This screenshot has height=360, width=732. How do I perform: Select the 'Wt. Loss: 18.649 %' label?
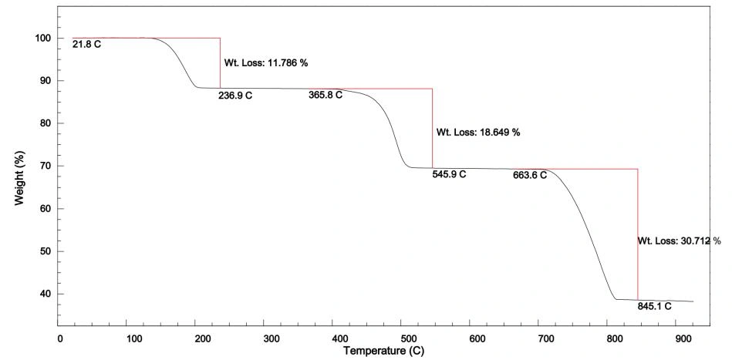tap(478, 132)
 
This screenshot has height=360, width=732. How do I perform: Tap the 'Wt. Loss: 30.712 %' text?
tap(679, 241)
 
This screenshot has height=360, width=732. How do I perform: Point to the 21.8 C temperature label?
tap(86, 45)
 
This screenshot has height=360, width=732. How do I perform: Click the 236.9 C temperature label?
tap(235, 96)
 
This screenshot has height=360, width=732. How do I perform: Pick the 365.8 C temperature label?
tap(325, 96)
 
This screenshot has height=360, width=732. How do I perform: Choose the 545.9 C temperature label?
tap(449, 174)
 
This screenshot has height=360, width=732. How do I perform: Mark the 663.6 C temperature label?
tap(529, 175)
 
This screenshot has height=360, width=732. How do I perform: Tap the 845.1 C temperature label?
tap(654, 306)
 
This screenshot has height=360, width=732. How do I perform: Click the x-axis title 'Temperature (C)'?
tap(384, 352)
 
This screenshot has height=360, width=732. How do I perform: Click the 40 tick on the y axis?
tap(46, 294)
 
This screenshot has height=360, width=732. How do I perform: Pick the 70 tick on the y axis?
tap(46, 166)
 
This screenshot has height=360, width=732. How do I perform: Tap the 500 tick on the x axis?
tap(407, 338)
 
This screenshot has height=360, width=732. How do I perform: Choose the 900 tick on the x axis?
tap(685, 338)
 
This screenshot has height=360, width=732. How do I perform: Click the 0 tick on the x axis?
tap(60, 338)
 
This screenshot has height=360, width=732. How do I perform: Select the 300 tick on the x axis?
tap(268, 338)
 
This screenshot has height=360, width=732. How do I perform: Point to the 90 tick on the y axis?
tap(46, 81)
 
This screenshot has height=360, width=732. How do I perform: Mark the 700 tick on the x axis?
tap(546, 338)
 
